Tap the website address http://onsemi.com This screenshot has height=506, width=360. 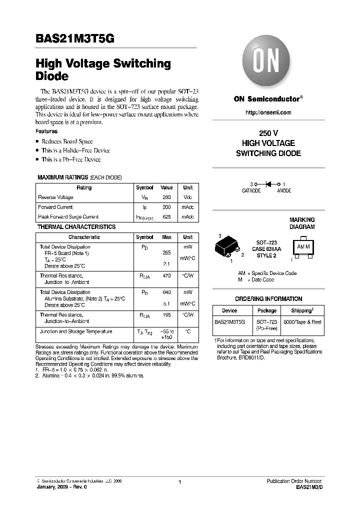click(268, 112)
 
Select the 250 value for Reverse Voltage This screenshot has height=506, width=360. click(166, 197)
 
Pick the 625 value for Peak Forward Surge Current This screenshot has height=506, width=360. click(166, 217)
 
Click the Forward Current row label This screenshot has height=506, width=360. click(55, 207)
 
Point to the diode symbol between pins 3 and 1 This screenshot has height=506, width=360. click(268, 184)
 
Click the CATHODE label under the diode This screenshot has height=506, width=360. click(251, 191)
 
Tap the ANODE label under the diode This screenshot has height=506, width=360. click(284, 191)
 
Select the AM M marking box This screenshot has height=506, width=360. click(303, 247)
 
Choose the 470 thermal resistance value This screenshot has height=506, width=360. click(166, 275)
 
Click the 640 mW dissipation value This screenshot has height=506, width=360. click(166, 292)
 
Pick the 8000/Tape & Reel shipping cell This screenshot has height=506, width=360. click(302, 323)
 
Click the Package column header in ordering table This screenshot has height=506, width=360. click(267, 310)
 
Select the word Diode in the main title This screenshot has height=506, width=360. click(52, 77)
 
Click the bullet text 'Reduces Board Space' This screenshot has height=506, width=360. click(67, 141)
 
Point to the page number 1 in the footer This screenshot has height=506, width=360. click(179, 481)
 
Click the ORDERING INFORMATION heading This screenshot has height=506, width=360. click(268, 299)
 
